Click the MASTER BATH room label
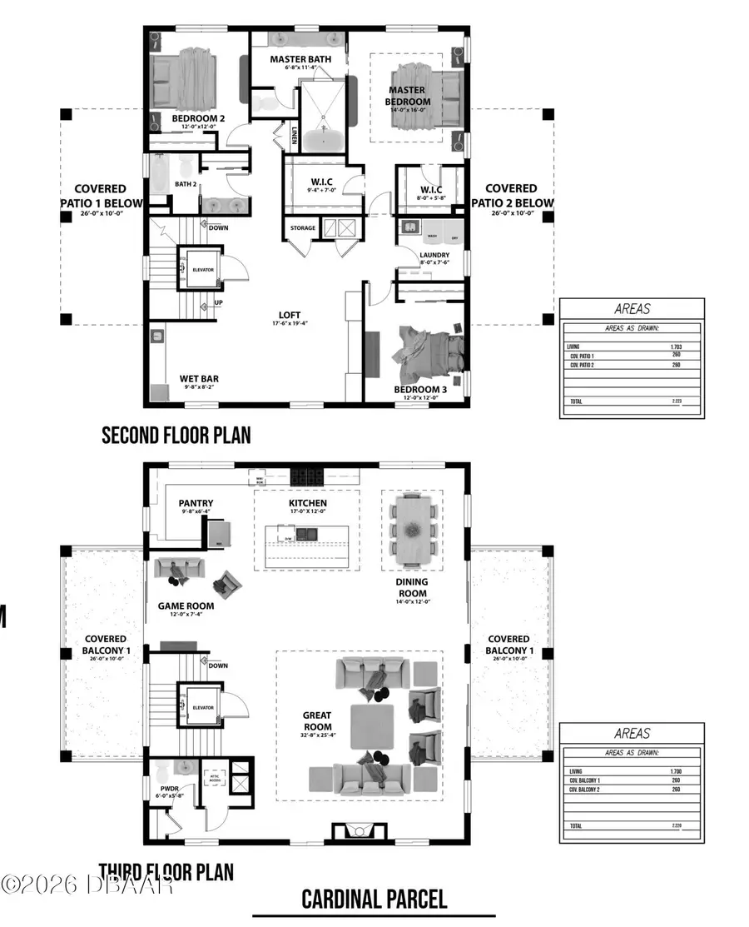300,59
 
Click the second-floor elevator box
198,270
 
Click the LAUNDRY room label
434,255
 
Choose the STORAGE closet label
303,227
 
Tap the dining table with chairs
411,530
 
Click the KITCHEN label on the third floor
307,503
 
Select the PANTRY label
196,503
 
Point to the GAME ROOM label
186,606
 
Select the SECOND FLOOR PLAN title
176,435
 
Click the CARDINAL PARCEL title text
374,900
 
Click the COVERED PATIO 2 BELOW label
511,196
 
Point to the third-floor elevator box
202,708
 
